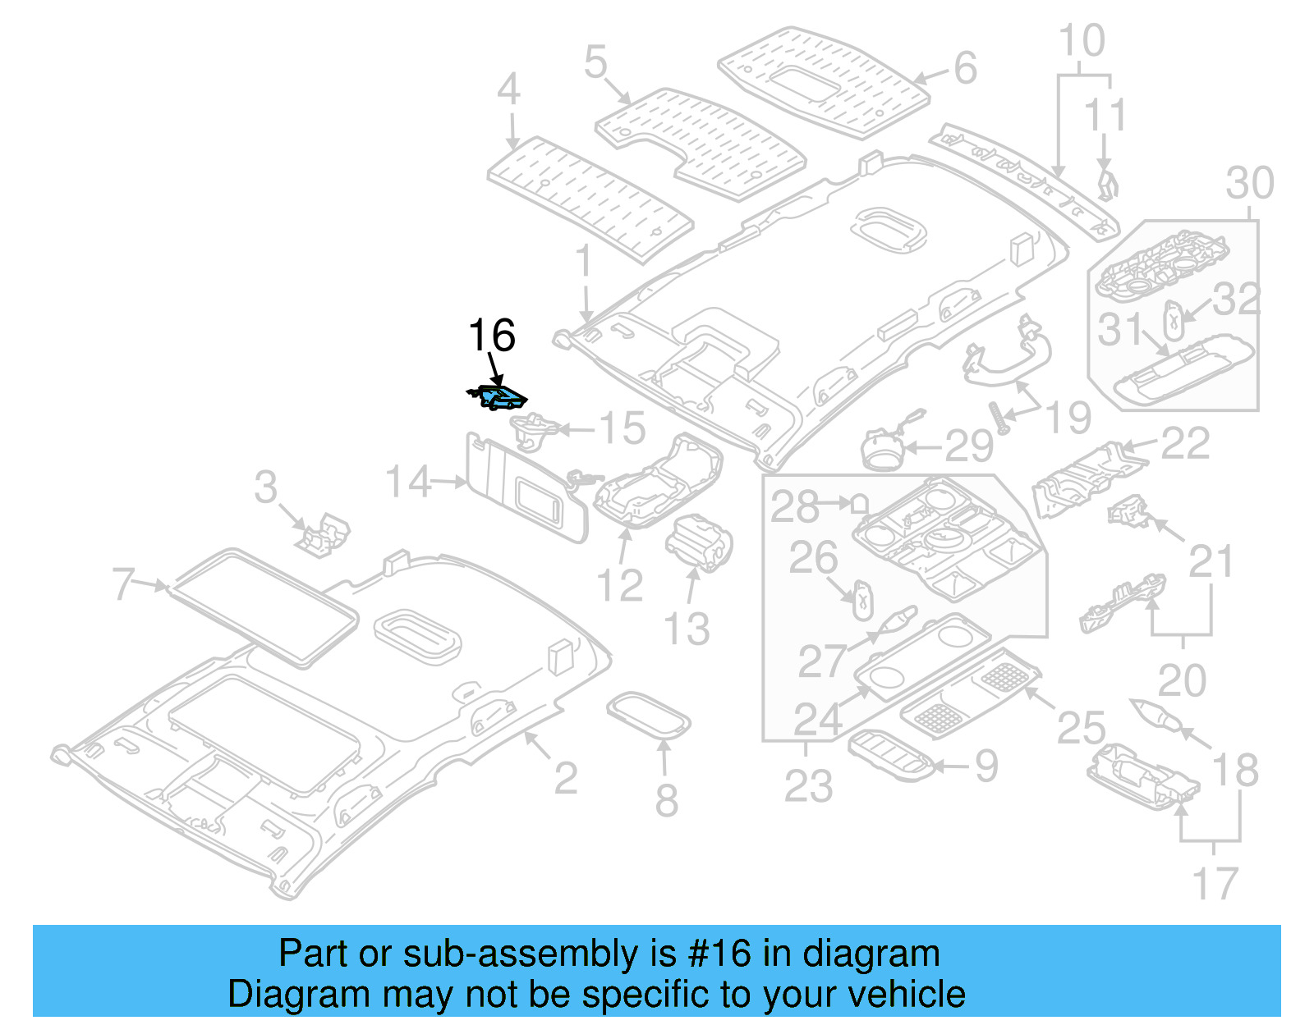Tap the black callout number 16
pos(491,336)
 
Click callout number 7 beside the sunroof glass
pos(123,583)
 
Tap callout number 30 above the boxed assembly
pos(1249,183)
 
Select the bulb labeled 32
pos(1173,319)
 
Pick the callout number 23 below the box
pos(808,785)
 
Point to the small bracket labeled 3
pos(324,535)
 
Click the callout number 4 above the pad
pos(508,89)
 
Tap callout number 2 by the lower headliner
pos(565,777)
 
